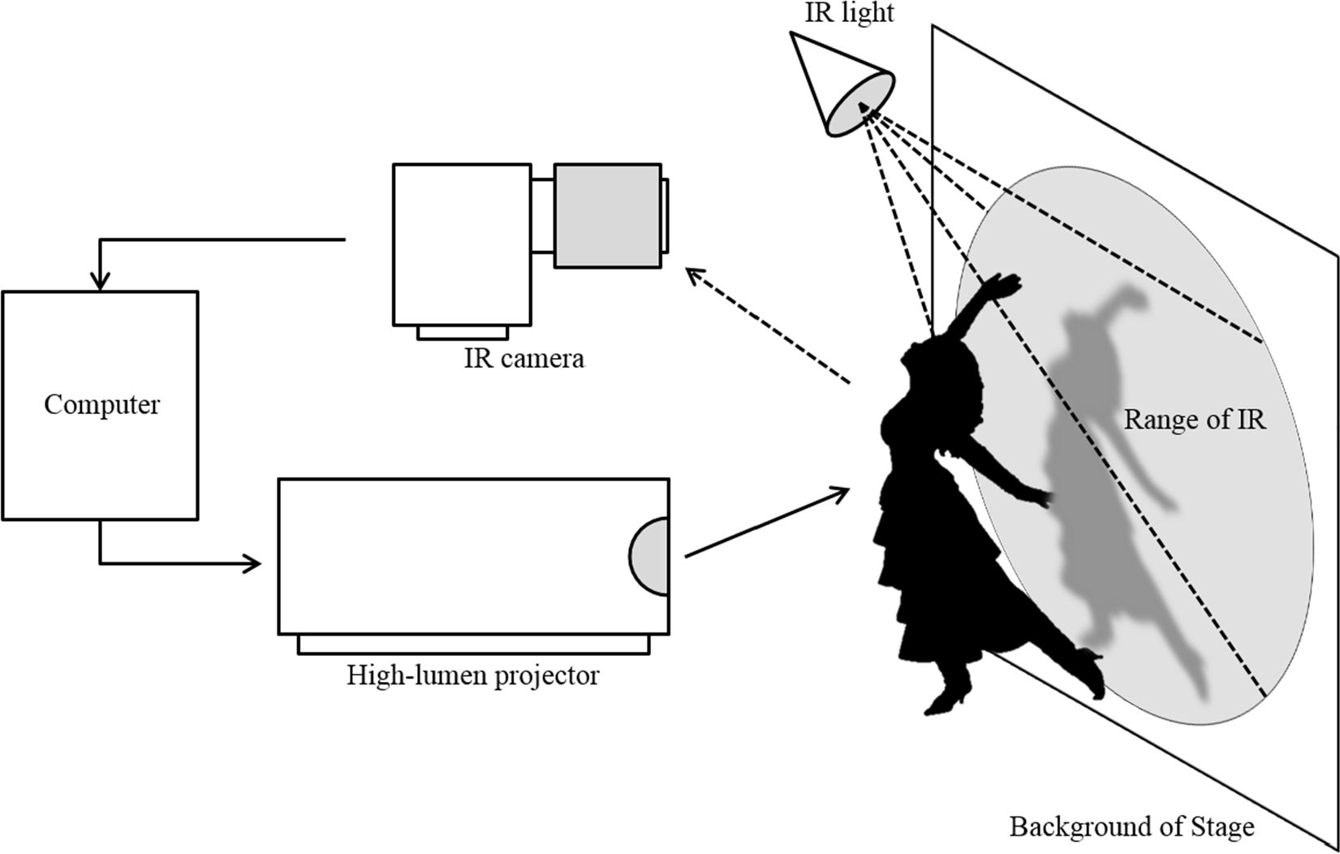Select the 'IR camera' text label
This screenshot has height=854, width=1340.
524,358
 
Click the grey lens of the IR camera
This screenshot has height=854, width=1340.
607,215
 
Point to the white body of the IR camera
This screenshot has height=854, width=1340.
462,244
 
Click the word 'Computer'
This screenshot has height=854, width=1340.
101,404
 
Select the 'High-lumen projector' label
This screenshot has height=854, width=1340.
472,675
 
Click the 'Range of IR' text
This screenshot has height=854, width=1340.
1194,420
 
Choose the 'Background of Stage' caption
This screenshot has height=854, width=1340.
1131,826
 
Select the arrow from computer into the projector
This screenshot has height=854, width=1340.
243,563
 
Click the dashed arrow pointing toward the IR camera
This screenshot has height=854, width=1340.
766,325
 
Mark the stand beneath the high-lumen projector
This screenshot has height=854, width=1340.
473,644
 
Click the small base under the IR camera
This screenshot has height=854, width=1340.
463,332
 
